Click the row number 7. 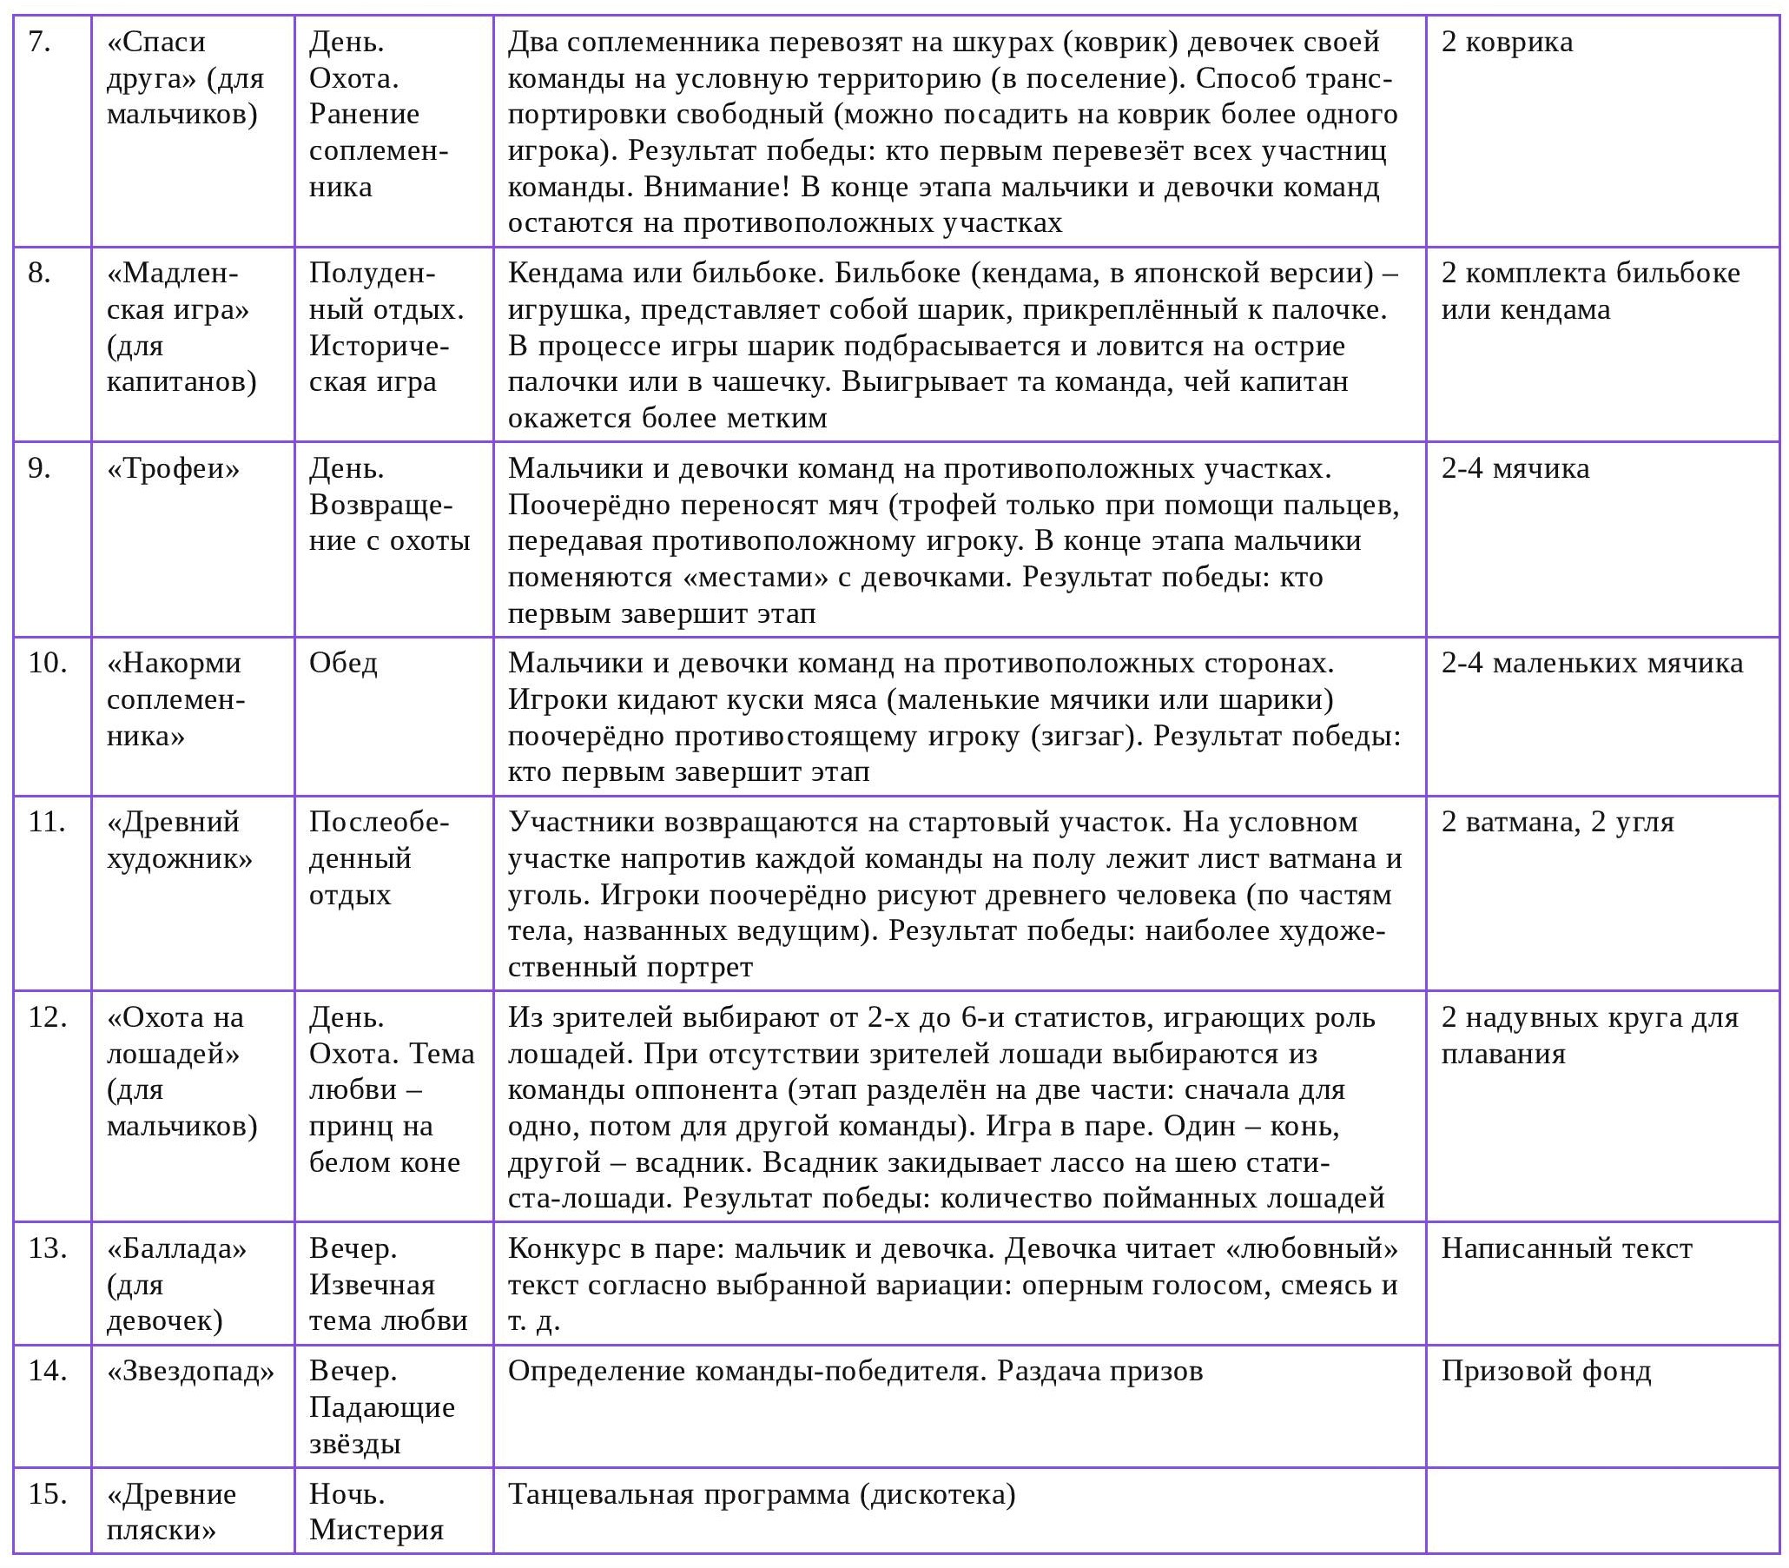pos(38,42)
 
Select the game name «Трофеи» pos(173,469)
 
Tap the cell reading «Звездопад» pos(191,1370)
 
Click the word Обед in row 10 pos(343,663)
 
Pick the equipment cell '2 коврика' pos(1507,42)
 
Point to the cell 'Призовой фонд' pos(1546,1370)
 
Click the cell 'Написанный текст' pos(1567,1247)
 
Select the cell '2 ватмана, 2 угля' pos(1557,823)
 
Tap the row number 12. pos(47,1016)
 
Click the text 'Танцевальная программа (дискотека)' pos(762,1493)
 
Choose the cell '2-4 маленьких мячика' pos(1592,663)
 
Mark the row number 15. pos(47,1493)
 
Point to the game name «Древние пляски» pos(171,1512)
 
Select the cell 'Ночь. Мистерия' pos(376,1512)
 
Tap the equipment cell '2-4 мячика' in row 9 pos(1515,469)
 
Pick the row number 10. pos(47,663)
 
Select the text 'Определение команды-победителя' pos(748,1370)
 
